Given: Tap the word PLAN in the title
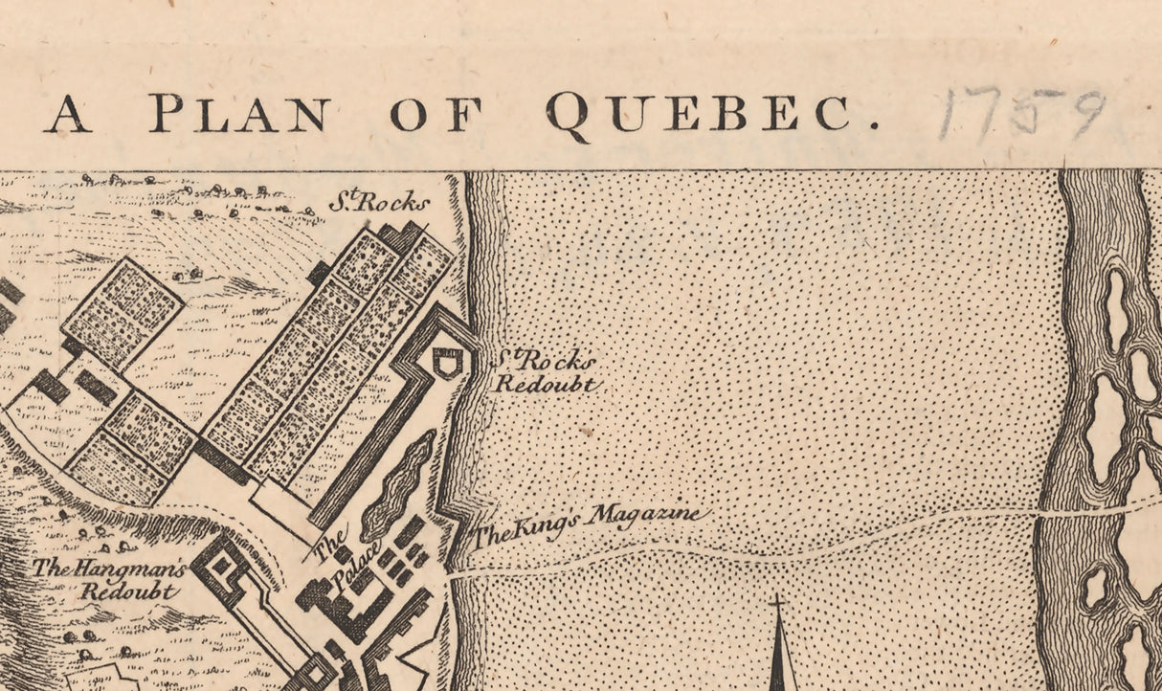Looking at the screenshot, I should (239, 114).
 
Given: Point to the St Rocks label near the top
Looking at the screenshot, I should (379, 202).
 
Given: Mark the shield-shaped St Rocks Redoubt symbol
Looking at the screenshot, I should (446, 361).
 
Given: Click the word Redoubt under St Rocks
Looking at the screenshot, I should (546, 385).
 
